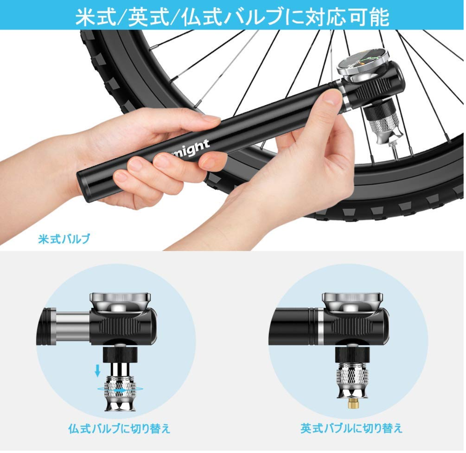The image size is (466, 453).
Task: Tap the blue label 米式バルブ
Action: (x=64, y=239)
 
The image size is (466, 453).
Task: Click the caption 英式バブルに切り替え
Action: (x=351, y=428)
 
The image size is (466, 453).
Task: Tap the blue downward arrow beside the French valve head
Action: (x=98, y=371)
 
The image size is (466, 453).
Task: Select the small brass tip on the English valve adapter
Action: (x=353, y=404)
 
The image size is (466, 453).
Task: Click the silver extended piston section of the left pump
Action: (x=73, y=327)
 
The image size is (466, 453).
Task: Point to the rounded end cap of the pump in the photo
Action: (x=83, y=187)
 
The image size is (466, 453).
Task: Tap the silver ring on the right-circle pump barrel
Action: (x=320, y=327)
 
